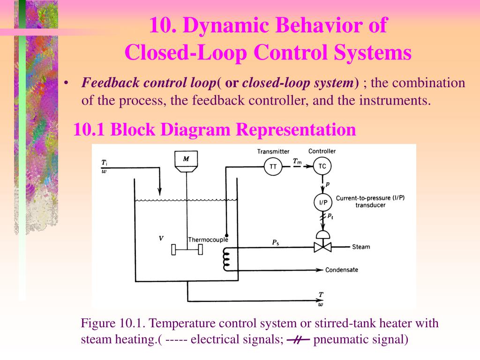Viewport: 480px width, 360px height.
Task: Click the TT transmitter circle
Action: [273, 166]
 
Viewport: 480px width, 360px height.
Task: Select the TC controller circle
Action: [322, 166]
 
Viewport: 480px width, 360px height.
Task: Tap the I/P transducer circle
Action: [322, 202]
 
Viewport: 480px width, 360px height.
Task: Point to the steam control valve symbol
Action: [322, 245]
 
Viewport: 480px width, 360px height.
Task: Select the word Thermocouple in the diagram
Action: [208, 240]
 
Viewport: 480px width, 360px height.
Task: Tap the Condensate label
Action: [342, 270]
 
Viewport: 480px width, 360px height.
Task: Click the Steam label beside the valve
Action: [361, 247]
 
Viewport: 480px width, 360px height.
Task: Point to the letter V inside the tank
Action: [161, 239]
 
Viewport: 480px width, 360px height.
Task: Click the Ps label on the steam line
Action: [276, 242]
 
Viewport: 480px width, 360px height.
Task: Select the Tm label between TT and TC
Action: [297, 161]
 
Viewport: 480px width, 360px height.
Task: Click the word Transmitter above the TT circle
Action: [273, 151]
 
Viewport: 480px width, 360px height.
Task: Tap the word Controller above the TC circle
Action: [322, 151]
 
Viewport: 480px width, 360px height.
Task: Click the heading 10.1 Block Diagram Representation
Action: [215, 129]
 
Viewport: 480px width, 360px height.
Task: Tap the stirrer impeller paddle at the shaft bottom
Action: [187, 250]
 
